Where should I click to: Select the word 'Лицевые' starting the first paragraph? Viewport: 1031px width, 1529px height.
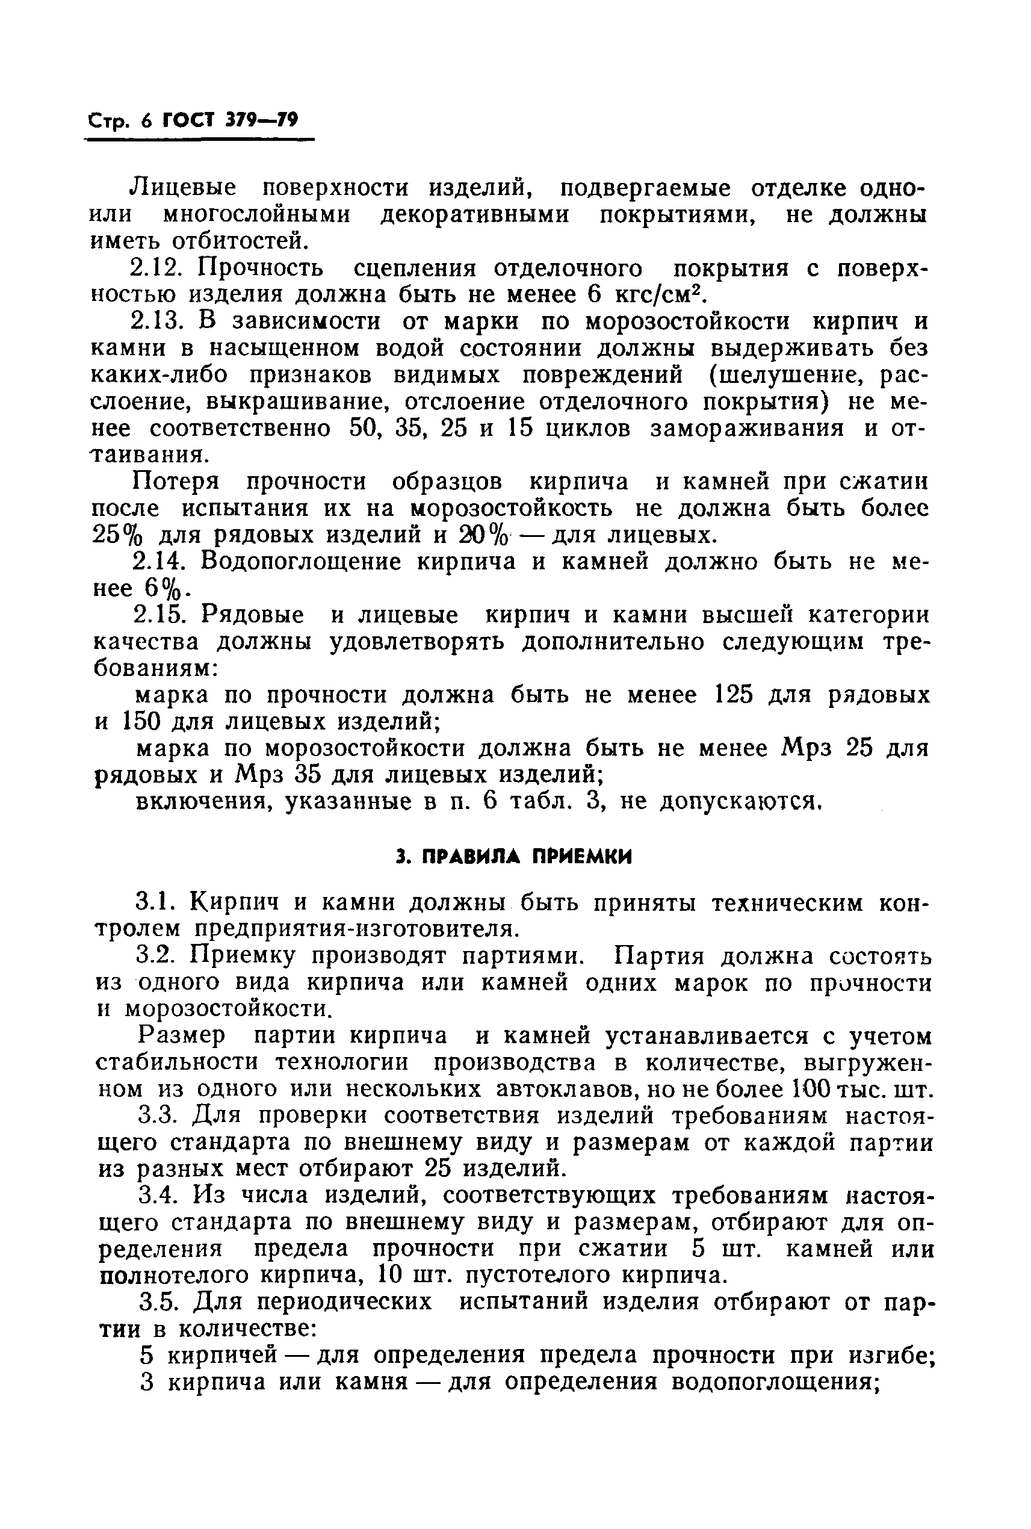point(184,189)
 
